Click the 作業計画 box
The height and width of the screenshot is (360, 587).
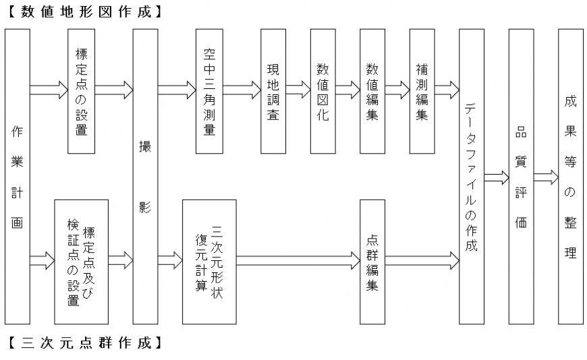[x=18, y=177]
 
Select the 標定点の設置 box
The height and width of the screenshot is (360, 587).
[x=81, y=91]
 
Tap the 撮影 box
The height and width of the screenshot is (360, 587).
[x=145, y=177]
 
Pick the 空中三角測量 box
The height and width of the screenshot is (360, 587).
[x=209, y=91]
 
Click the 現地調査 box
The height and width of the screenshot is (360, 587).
[x=273, y=91]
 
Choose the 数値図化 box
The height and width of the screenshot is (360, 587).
[x=323, y=91]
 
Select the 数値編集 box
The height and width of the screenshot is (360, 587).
[x=372, y=91]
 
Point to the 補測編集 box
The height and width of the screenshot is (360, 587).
[x=422, y=91]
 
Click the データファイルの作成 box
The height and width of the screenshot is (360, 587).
[x=472, y=177]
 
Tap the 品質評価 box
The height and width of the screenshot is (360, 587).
[x=521, y=177]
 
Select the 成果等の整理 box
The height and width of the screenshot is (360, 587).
[x=571, y=177]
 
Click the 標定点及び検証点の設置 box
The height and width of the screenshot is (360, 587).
[x=81, y=262]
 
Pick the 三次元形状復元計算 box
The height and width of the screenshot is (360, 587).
[x=209, y=262]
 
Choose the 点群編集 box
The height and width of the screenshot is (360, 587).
[x=372, y=262]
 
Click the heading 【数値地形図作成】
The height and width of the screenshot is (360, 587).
[x=86, y=11]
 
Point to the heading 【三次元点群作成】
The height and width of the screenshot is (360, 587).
[x=86, y=342]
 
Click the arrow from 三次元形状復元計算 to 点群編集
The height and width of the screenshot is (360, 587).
[x=298, y=260]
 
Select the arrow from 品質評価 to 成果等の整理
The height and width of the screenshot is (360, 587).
[x=546, y=177]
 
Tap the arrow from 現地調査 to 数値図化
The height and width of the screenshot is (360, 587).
[x=298, y=90]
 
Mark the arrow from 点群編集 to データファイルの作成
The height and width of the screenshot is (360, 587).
[x=422, y=260]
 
